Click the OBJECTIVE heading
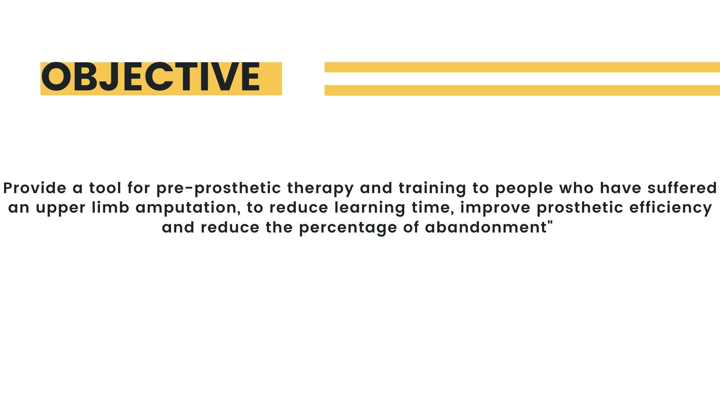pos(150,77)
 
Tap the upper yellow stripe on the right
pos(522,67)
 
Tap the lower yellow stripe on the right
pos(522,90)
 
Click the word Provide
pos(35,188)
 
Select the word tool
pos(105,188)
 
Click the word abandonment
pos(486,227)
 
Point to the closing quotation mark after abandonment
pos(550,223)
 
